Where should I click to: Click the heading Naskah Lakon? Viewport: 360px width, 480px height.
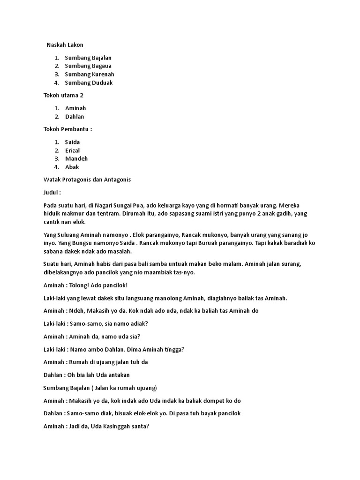pyautogui.click(x=65, y=45)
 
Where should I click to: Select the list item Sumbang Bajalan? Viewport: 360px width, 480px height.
pyautogui.click(x=88, y=58)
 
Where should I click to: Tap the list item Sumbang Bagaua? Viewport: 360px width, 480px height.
pyautogui.click(x=88, y=66)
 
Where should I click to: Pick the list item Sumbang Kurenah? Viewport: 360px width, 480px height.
pyautogui.click(x=90, y=75)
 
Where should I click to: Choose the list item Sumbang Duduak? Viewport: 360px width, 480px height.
pyautogui.click(x=89, y=83)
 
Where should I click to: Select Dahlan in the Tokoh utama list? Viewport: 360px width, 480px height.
pyautogui.click(x=75, y=117)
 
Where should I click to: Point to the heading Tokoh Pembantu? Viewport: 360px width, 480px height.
pyautogui.click(x=67, y=129)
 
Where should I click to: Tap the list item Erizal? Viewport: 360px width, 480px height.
pyautogui.click(x=73, y=150)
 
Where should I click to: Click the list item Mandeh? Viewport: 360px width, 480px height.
pyautogui.click(x=76, y=159)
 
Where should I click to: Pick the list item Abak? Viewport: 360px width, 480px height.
pyautogui.click(x=72, y=167)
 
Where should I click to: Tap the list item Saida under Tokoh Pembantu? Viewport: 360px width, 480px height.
pyautogui.click(x=73, y=142)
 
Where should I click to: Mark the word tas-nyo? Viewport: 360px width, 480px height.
pyautogui.click(x=183, y=273)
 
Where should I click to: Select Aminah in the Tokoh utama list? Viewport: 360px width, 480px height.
pyautogui.click(x=75, y=108)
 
